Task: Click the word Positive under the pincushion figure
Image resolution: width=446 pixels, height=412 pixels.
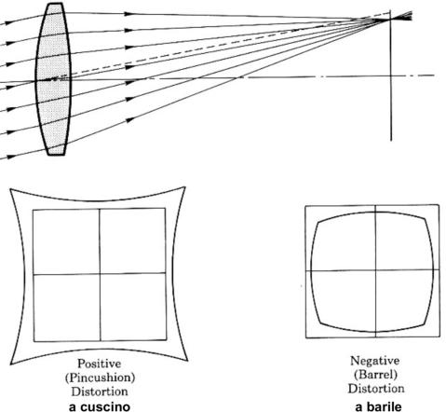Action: pos(100,364)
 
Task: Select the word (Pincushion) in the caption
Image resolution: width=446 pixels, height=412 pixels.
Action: pos(100,378)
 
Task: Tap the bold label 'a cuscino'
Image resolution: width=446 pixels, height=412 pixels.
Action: pos(100,406)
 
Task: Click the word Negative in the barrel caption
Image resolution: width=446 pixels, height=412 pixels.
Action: pos(374,361)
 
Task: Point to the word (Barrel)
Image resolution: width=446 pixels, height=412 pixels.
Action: pos(375,375)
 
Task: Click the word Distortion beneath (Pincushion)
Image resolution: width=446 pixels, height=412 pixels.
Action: pos(100,391)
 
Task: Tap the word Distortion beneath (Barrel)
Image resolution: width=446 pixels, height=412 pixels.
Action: pos(376,389)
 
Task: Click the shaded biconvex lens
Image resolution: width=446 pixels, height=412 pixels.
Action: pos(53,79)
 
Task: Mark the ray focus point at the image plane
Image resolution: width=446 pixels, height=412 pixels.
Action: pos(391,20)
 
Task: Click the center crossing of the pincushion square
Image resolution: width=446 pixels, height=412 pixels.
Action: pos(100,274)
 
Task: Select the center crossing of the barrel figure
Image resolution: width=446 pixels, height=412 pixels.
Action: pos(375,270)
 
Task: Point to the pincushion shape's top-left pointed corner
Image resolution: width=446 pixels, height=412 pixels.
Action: pos(10,189)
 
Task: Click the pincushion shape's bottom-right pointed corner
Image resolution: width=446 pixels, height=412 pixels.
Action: pos(187,361)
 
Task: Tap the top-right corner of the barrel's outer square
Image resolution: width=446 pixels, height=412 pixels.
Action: pos(439,205)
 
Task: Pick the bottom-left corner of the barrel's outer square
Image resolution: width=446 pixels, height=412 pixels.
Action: pos(306,337)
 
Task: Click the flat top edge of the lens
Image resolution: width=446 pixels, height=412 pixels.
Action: pos(56,4)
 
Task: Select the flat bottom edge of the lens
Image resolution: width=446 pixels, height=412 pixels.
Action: pos(56,154)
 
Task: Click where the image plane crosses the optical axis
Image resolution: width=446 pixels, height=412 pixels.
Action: pos(391,76)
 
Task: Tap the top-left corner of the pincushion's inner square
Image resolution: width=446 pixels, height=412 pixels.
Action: pos(34,211)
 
